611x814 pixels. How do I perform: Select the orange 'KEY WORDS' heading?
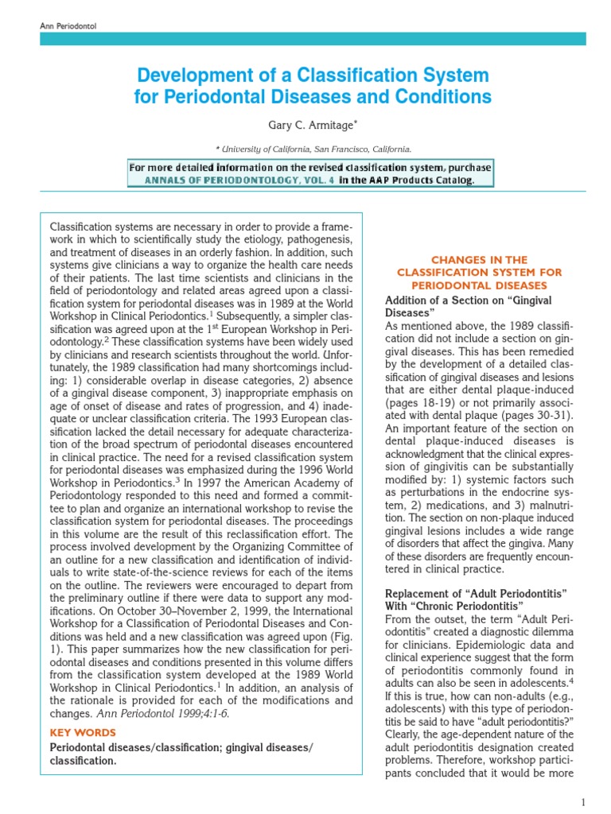83,732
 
